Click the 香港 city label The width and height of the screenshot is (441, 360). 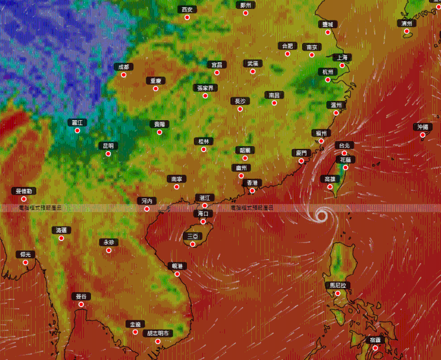pyautogui.click(x=251, y=182)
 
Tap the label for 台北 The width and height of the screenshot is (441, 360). pyautogui.click(x=343, y=145)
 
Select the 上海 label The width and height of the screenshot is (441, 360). pyautogui.click(x=342, y=57)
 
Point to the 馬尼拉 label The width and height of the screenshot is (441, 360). pyautogui.click(x=338, y=285)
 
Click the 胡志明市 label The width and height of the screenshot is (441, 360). pyautogui.click(x=158, y=333)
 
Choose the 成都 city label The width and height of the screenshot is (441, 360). pyautogui.click(x=123, y=67)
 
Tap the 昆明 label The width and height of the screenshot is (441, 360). pyautogui.click(x=107, y=146)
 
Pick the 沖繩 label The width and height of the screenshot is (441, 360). pyautogui.click(x=422, y=127)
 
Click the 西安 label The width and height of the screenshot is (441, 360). pyautogui.click(x=187, y=9)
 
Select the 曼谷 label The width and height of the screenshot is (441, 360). pyautogui.click(x=81, y=296)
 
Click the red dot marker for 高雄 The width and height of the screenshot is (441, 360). pyautogui.click(x=330, y=186)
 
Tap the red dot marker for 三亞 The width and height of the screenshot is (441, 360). pyautogui.click(x=193, y=244)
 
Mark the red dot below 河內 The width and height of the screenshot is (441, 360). pyautogui.click(x=147, y=209)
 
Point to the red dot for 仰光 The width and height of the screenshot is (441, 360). pyautogui.click(x=25, y=262)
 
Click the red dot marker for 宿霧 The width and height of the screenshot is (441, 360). pyautogui.click(x=375, y=348)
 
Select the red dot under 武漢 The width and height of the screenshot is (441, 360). pyautogui.click(x=253, y=71)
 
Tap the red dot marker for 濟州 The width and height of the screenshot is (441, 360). pyautogui.click(x=407, y=31)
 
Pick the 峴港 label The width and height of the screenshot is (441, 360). pyautogui.click(x=177, y=266)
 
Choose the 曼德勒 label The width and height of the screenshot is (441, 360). pyautogui.click(x=24, y=191)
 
